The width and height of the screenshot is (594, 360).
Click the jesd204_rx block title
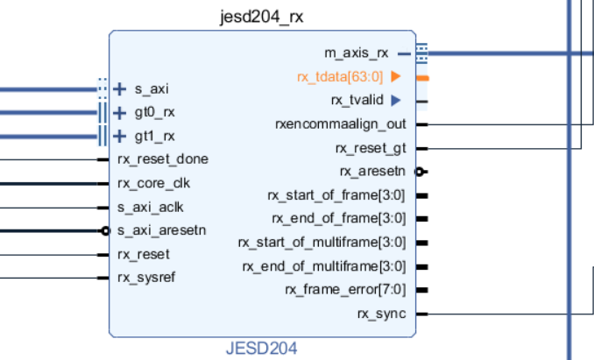262,17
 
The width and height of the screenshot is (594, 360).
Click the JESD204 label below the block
261,349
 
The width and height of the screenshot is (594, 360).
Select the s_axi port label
152,88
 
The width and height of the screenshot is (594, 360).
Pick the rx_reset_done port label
162,159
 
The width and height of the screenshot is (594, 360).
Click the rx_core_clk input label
153,183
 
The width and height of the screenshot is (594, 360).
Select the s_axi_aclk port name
150,207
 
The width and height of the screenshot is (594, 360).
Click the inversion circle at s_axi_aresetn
106,231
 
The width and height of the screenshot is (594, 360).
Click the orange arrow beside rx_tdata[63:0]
396,77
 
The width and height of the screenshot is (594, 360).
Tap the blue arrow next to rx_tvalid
396,100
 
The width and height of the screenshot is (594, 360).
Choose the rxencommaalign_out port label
340,124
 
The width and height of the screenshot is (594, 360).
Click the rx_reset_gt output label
371,147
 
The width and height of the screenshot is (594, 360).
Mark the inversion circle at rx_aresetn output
420,172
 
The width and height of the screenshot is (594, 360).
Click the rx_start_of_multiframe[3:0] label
322,242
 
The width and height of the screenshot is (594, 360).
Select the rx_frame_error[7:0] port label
345,289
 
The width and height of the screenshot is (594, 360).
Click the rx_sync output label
381,313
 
